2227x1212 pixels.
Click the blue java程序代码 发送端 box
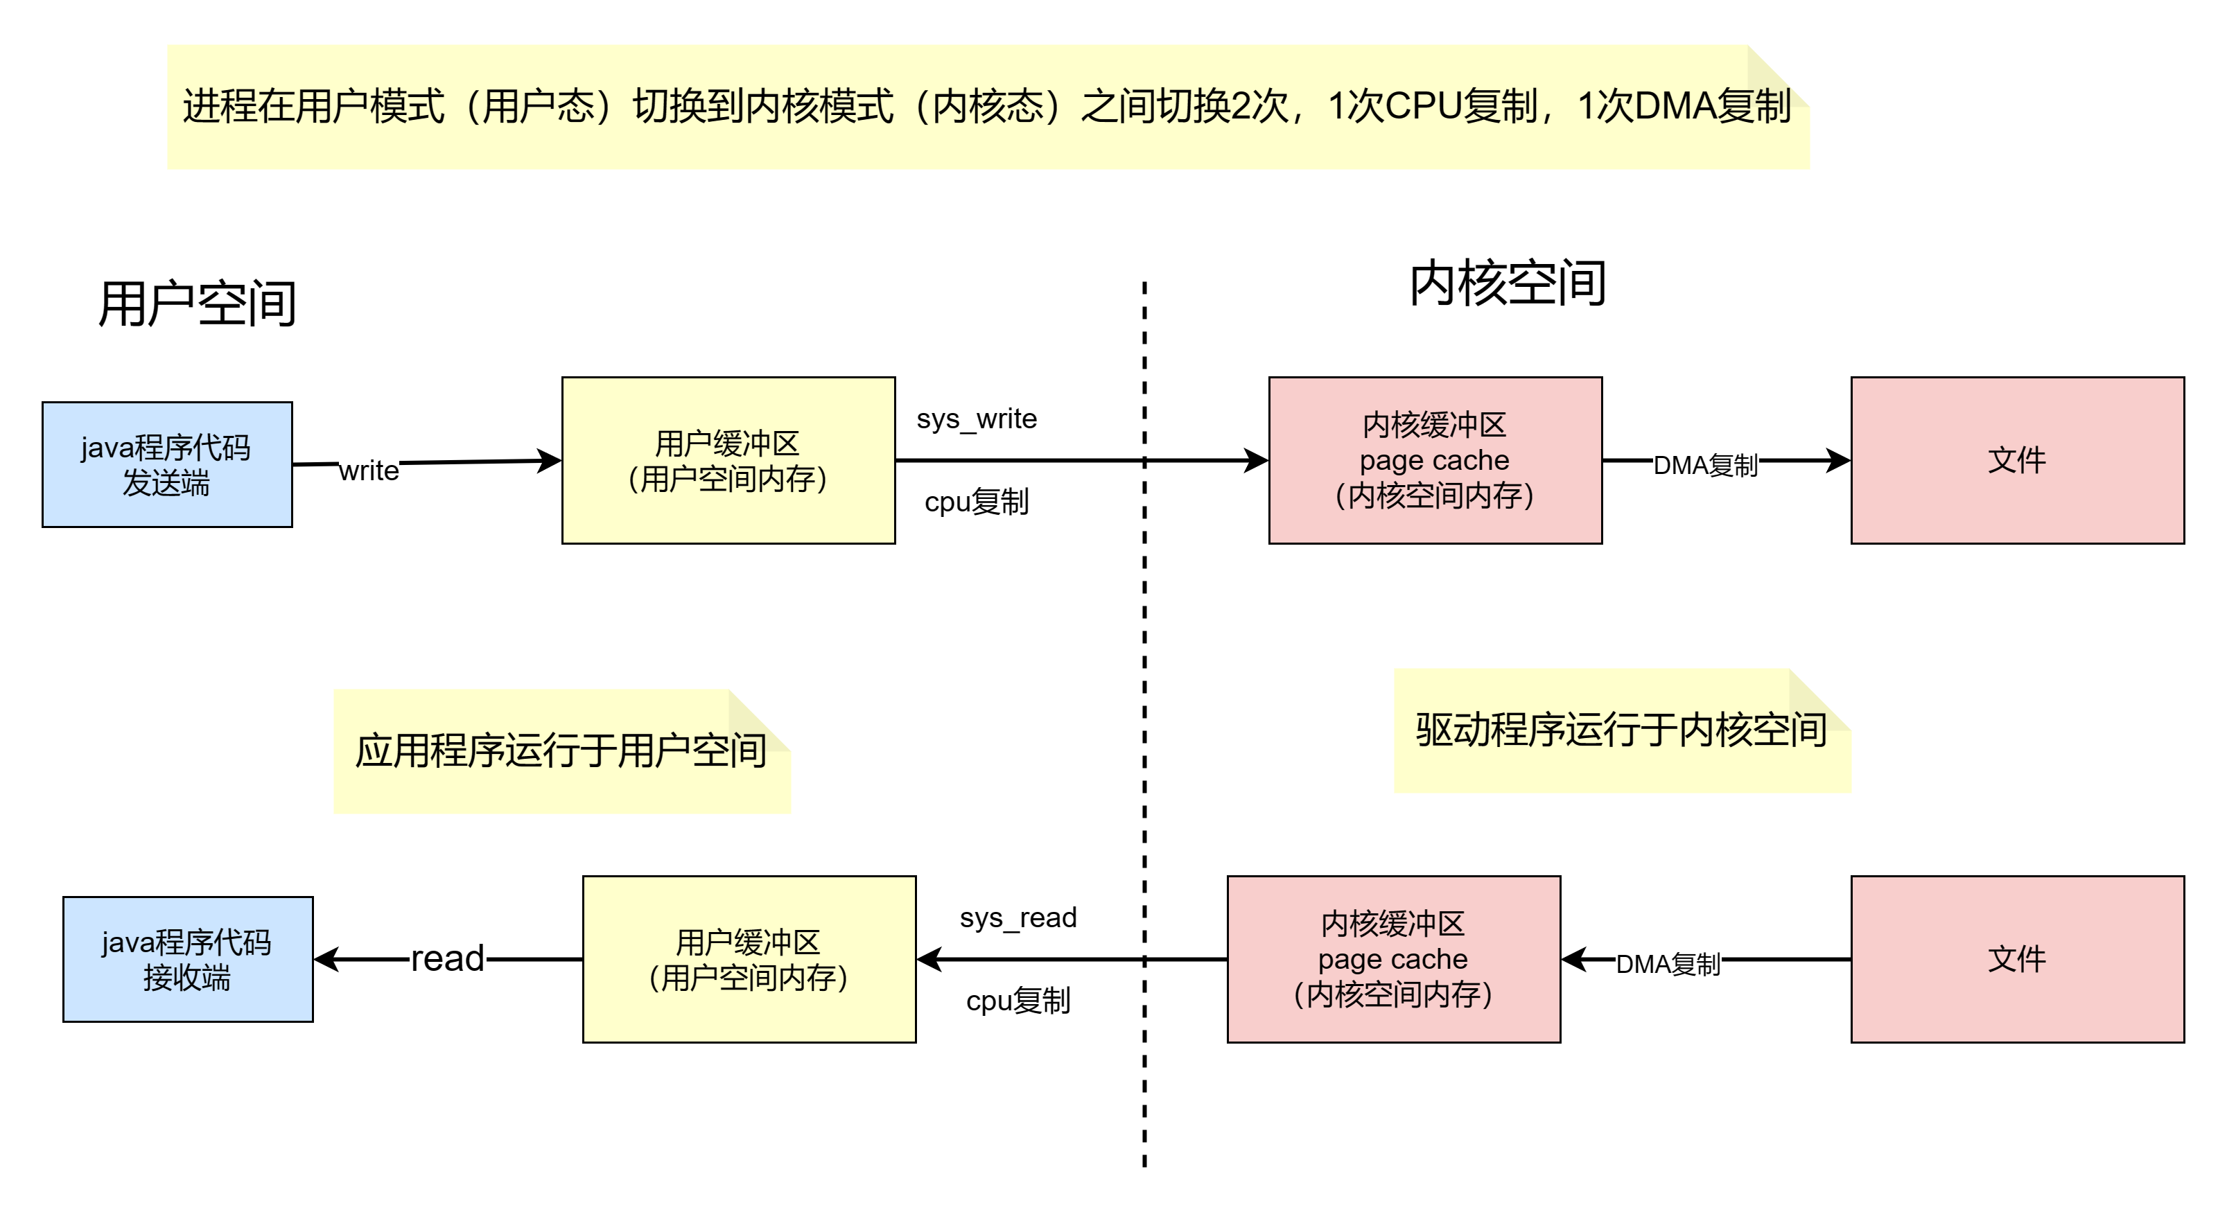[x=167, y=464]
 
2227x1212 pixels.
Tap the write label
[x=368, y=471]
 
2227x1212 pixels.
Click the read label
[x=448, y=958]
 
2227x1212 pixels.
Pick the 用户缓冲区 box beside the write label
[x=728, y=460]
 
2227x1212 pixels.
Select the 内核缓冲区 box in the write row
[x=1435, y=460]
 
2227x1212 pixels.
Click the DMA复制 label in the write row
[x=1705, y=466]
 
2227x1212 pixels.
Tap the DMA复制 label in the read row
[x=1668, y=964]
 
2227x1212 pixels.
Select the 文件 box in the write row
[x=2017, y=460]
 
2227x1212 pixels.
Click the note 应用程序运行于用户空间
[x=561, y=750]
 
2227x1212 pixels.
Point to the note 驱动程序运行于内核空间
[x=1621, y=730]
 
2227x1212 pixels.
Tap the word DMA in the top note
[x=1675, y=106]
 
